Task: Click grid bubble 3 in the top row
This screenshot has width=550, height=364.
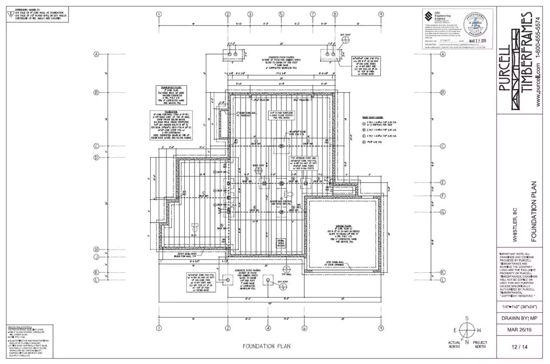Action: [x=250, y=15]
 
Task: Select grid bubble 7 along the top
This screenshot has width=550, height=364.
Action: [x=313, y=15]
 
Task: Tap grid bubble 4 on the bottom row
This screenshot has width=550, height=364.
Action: [x=268, y=328]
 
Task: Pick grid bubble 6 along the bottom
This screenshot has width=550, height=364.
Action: [x=305, y=328]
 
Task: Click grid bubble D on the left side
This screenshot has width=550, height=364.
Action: [x=97, y=158]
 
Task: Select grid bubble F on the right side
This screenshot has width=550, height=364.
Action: [x=442, y=196]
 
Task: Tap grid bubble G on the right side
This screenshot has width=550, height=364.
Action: [x=442, y=212]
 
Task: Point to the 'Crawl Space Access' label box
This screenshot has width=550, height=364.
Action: [x=281, y=241]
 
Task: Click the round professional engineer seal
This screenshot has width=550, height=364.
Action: [x=477, y=28]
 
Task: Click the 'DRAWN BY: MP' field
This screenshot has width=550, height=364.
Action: [x=514, y=318]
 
